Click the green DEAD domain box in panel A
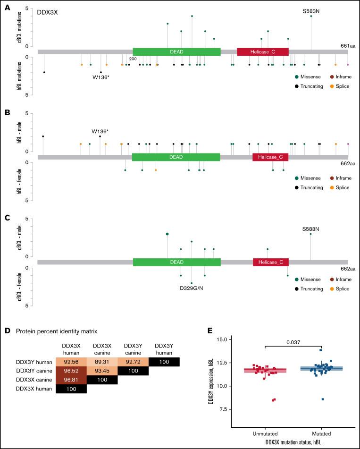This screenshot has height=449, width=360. pyautogui.click(x=176, y=51)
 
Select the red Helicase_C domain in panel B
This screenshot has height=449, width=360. pyautogui.click(x=270, y=157)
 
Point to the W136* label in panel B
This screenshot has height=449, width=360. pyautogui.click(x=100, y=131)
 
